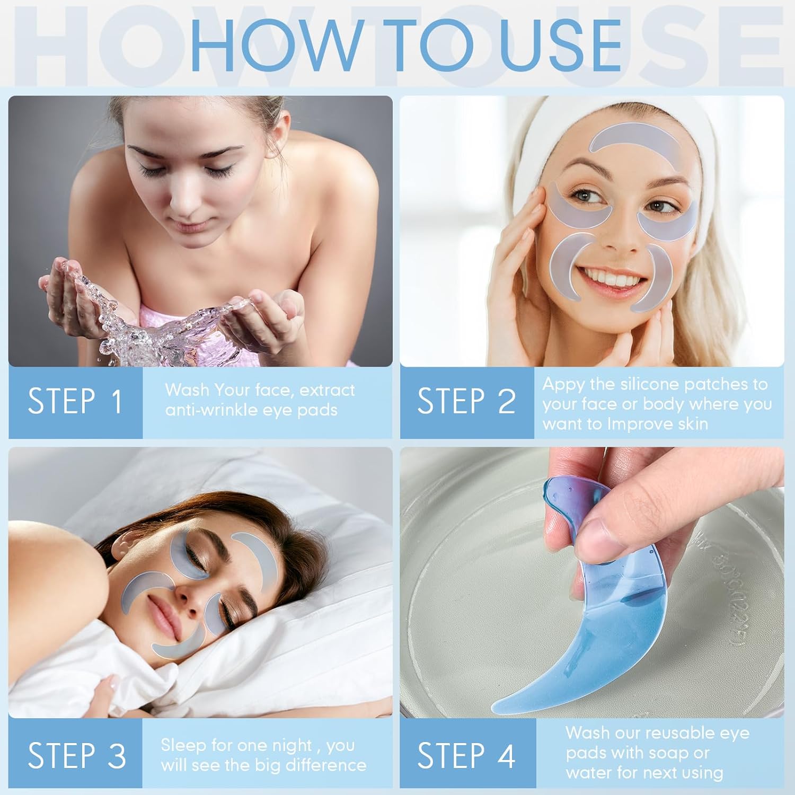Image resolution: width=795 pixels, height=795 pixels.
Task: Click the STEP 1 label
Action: point(75,401)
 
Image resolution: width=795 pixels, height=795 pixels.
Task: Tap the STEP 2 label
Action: point(466,401)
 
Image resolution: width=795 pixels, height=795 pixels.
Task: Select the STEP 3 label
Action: point(77,755)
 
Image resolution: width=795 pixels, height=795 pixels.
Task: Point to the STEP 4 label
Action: point(466,755)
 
